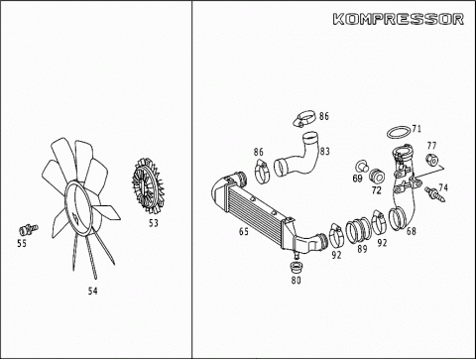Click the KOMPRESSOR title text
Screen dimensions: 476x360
(x=399, y=19)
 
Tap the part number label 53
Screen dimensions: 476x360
(x=154, y=223)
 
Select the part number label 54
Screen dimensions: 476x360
(x=93, y=291)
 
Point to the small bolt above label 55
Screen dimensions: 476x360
(x=29, y=229)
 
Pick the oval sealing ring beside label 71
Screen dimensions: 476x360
(x=399, y=132)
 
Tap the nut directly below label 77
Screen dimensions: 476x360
(x=431, y=160)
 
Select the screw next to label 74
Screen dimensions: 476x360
(x=435, y=193)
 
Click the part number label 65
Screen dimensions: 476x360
(x=244, y=231)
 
